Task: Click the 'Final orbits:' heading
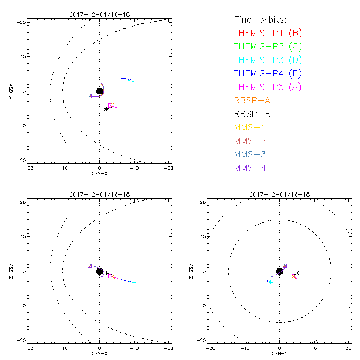[x=260, y=19]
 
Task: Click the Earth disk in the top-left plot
[x=99, y=91]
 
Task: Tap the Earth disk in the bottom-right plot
[x=279, y=271]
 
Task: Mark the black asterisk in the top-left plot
[x=106, y=108]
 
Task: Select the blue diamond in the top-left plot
[x=129, y=79]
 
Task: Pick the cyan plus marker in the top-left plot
[x=134, y=82]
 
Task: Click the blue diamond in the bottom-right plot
[x=268, y=281]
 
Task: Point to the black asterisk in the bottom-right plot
[x=297, y=273]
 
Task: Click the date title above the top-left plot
[x=99, y=14]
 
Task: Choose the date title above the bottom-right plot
[x=279, y=194]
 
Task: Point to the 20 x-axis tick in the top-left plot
[x=31, y=168]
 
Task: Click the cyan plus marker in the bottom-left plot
[x=134, y=282]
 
